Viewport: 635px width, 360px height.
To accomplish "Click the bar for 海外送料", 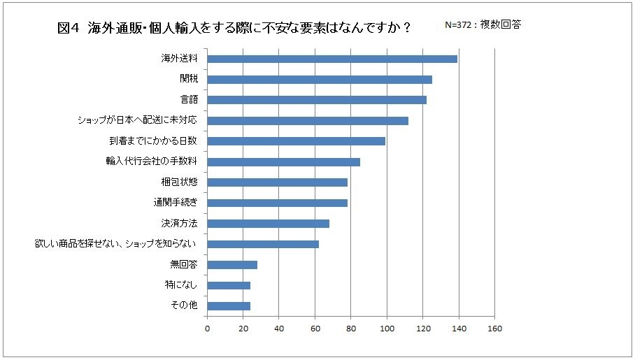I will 332,59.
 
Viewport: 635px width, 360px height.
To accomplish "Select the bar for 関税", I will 320,80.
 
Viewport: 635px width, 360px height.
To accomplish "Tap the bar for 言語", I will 317,100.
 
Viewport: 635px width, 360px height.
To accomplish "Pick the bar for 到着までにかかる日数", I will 297,141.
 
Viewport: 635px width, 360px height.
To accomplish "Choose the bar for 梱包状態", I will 278,182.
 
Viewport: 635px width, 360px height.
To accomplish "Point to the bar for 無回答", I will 232,265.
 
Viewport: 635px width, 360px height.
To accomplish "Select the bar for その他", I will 229,305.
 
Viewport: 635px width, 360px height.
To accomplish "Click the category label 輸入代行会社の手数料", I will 150,162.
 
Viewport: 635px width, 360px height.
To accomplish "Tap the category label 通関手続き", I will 176,203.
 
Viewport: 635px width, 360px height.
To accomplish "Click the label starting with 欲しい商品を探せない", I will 115,244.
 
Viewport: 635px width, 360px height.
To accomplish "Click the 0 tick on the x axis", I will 208,327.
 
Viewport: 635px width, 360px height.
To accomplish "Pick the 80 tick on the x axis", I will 351,327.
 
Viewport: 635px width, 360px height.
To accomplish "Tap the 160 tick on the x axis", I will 494,327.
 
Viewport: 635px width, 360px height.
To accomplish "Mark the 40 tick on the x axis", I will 279,327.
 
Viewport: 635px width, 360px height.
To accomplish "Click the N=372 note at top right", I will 482,24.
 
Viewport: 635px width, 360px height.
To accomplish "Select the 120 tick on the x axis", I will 422,327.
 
